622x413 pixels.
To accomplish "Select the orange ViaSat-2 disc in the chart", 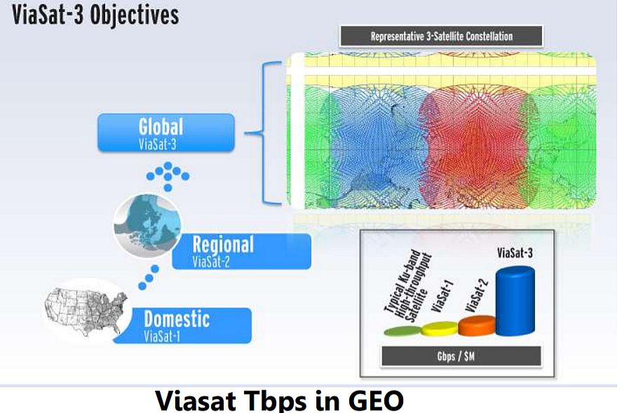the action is [477, 325].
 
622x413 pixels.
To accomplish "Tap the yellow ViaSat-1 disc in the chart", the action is [440, 329].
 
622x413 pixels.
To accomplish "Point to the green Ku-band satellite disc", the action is [403, 331].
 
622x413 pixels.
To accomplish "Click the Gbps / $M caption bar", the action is [461, 356].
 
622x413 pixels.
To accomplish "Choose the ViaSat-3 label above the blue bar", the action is [515, 252].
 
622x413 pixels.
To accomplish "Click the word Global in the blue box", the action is [161, 127].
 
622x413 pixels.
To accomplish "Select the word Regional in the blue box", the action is [223, 245].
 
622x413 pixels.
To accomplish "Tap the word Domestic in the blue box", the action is [177, 319].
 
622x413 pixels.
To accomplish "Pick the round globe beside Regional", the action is [147, 225].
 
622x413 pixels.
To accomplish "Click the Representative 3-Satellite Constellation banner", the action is [442, 36].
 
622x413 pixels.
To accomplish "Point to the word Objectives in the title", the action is [135, 15].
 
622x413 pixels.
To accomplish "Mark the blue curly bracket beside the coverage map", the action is [262, 133].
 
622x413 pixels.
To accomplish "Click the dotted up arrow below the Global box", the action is [168, 176].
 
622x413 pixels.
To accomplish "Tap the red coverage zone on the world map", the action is [476, 147].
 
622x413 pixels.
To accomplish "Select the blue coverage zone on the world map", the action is [377, 147].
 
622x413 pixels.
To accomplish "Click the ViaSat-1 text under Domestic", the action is [162, 337].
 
